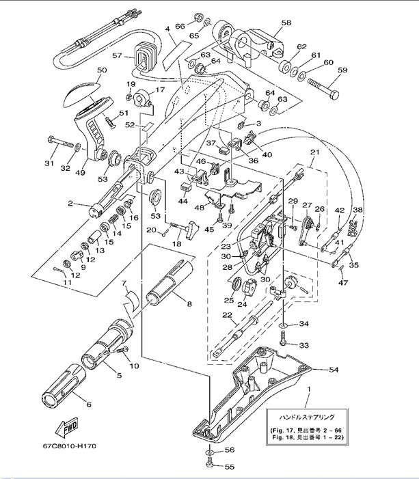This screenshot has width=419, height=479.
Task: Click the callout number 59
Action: coord(342,70)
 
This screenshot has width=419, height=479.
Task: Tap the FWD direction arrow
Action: coord(70,428)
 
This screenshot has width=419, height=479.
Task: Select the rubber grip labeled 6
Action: coord(64,392)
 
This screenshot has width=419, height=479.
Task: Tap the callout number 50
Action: coord(102,70)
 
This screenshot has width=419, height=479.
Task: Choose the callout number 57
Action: coord(117,56)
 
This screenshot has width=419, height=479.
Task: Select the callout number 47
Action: coord(342,281)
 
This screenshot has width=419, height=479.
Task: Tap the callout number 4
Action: coord(167,29)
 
